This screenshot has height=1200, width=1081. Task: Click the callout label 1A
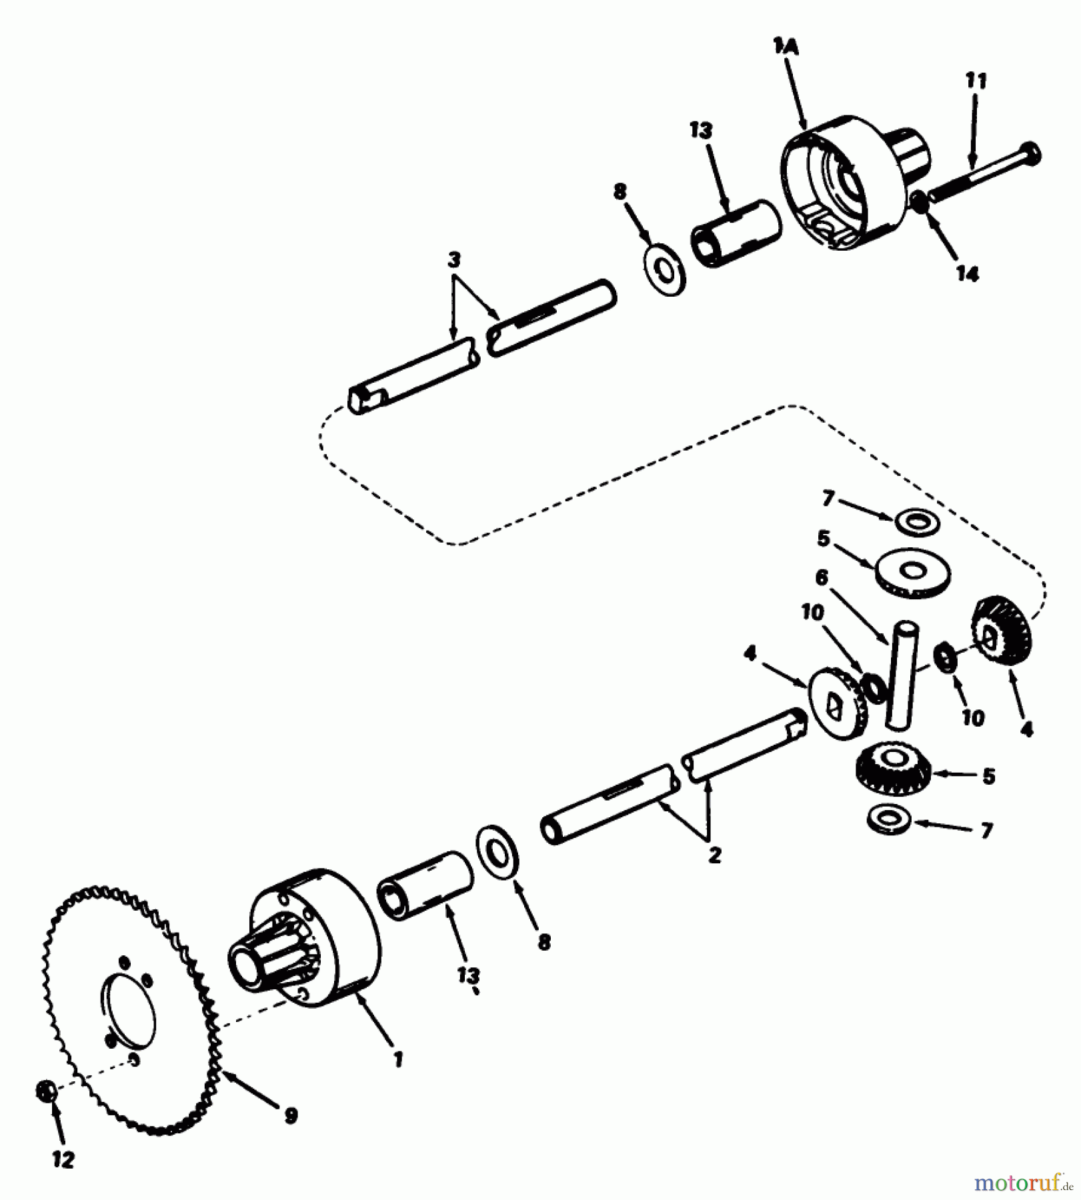pos(786,47)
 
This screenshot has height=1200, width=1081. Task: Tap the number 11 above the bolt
pos(976,81)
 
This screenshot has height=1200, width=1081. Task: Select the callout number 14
pos(967,273)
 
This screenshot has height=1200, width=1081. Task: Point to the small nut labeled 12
pos(45,1092)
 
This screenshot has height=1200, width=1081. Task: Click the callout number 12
pos(63,1161)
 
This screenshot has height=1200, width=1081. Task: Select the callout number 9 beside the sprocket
pos(291,1115)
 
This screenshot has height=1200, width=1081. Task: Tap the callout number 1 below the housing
pos(398,1059)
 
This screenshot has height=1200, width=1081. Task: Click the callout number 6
pos(822,577)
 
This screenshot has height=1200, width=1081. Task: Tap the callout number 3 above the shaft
pos(454,259)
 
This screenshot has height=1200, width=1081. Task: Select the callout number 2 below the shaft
pos(714,855)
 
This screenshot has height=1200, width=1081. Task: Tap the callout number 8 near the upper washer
pos(620,192)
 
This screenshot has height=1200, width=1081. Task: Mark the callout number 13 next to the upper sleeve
pos(701,131)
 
